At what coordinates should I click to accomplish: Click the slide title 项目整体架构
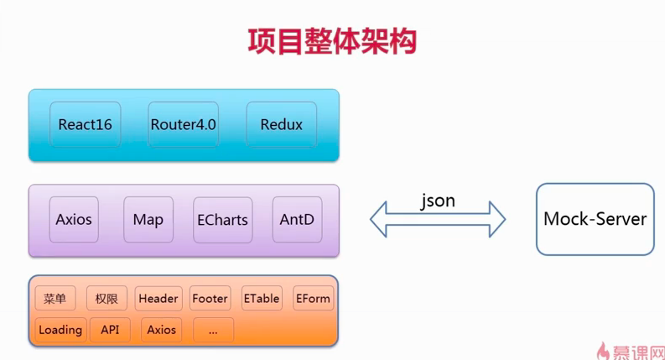[332, 40]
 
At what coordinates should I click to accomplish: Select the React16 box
[85, 125]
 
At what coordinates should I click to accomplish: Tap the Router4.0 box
[183, 125]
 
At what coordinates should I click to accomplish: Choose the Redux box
[281, 125]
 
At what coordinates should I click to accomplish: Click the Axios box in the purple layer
[74, 220]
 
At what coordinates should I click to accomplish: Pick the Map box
[148, 220]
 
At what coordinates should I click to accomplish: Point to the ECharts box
[222, 220]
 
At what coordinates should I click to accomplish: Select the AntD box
[297, 220]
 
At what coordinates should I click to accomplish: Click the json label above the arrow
[438, 201]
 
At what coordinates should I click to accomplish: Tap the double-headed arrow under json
[438, 221]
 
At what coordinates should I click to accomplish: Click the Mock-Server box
[595, 219]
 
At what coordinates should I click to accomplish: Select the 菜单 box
[55, 299]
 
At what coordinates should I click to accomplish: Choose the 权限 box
[107, 299]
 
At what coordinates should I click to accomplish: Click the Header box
[158, 299]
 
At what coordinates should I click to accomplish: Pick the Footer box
[210, 299]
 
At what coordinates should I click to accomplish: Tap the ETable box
[262, 299]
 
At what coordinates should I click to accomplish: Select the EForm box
[313, 299]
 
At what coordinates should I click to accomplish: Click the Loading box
[60, 330]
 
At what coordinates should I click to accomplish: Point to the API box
[110, 330]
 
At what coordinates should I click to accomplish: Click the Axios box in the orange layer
[162, 330]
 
